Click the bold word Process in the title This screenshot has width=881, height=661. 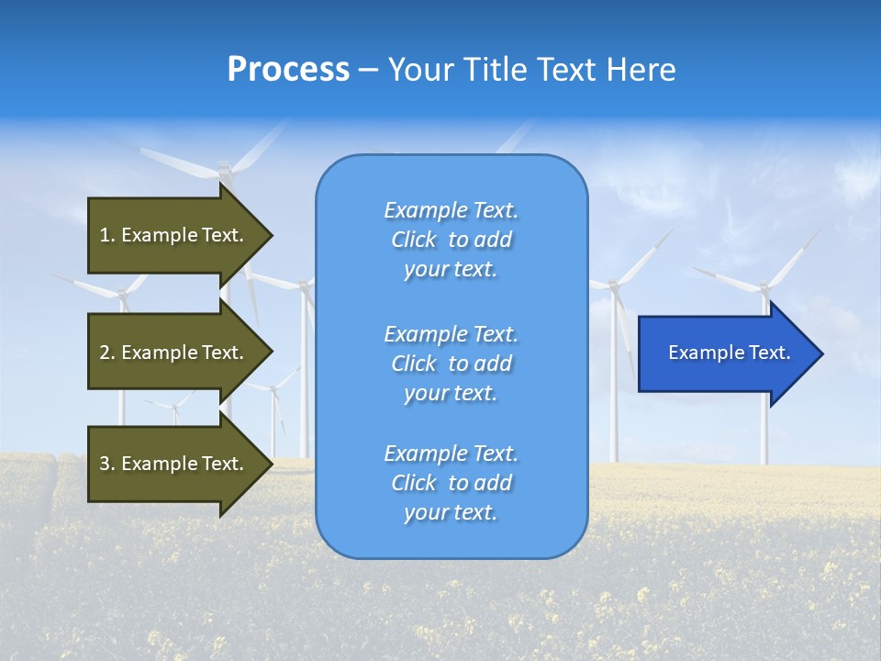click(x=288, y=70)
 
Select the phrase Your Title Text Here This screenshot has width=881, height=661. click(x=531, y=70)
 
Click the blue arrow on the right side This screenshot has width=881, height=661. click(x=725, y=353)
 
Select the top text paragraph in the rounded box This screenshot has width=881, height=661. click(x=451, y=240)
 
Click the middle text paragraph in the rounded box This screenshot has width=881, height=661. click(x=451, y=364)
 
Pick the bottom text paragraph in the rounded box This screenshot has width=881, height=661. click(x=451, y=483)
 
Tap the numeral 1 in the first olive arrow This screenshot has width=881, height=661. click(x=105, y=235)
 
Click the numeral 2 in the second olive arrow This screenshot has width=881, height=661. click(x=105, y=353)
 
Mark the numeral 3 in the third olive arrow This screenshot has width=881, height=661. click(x=105, y=464)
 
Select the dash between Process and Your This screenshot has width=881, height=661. click(x=368, y=71)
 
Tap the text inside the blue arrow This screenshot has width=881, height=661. click(x=729, y=353)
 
